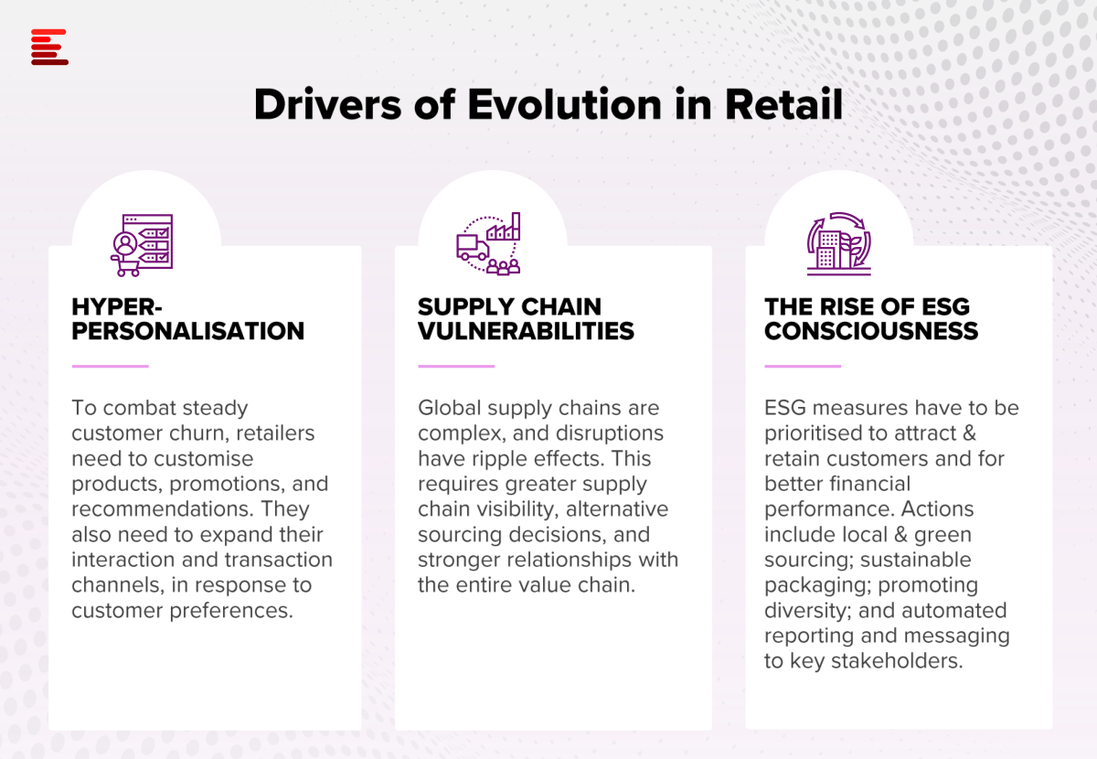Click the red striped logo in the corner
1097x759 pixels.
[49, 47]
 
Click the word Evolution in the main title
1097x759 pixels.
[565, 104]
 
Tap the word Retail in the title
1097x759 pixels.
[784, 104]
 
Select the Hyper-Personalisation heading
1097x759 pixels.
[188, 318]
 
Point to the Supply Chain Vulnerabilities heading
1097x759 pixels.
[526, 318]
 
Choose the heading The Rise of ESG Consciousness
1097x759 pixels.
[871, 318]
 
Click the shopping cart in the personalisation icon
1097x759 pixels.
[125, 265]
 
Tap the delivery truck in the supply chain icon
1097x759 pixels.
[473, 248]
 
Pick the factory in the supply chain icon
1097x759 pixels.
[504, 227]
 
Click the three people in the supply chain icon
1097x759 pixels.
[504, 267]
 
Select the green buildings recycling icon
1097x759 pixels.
[839, 243]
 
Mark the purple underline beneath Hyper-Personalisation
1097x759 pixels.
[111, 366]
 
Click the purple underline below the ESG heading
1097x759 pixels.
[803, 366]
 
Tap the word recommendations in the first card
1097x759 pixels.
[163, 509]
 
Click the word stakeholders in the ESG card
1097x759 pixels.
[897, 661]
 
